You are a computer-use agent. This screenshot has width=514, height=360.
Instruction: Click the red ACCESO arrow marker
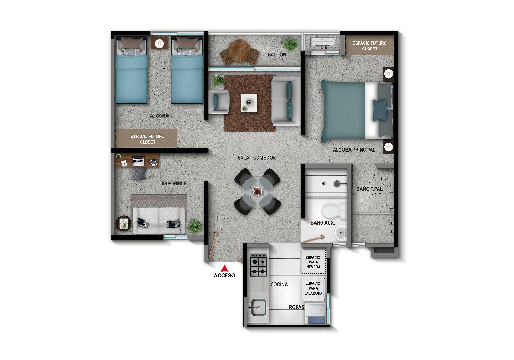point(224,268)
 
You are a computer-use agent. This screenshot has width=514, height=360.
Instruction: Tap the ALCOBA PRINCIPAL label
point(354,150)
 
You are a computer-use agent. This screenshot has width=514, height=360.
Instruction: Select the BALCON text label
point(276,55)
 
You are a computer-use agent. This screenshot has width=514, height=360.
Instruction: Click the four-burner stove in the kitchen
point(257,265)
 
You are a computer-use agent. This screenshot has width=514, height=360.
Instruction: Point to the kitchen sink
point(257,306)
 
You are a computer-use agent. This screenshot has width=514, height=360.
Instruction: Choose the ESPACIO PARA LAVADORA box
point(313,287)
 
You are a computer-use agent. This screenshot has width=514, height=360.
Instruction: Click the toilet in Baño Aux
point(332,211)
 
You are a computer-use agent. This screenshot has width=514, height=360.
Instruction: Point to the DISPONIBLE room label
point(173,183)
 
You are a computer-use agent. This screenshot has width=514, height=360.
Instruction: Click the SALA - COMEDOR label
point(257,158)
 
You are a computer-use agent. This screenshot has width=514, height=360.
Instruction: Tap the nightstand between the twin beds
point(159,44)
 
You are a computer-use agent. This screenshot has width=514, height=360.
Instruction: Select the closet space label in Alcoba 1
point(147,139)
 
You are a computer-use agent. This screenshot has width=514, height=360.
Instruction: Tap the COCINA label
point(279,285)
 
